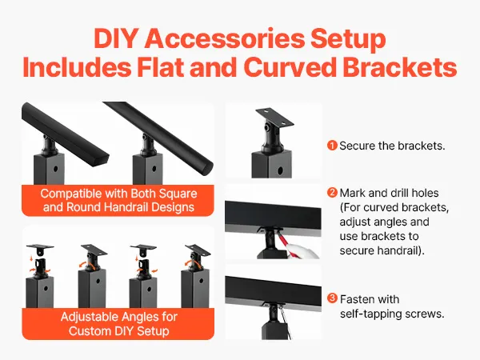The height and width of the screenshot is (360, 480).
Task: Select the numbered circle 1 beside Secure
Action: pos(332,146)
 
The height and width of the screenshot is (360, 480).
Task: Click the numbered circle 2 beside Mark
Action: pos(332,193)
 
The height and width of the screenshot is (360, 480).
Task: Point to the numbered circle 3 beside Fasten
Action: pos(332,298)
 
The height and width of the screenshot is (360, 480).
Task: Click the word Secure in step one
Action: pos(358,146)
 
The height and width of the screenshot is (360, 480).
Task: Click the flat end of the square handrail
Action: pos(101,161)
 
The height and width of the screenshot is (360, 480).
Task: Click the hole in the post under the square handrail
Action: pos(56,169)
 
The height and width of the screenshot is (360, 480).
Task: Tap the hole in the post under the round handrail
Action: pos(154,168)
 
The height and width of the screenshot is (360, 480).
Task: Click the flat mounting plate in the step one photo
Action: pos(274,118)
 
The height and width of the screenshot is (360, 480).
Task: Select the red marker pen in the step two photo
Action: pos(282,240)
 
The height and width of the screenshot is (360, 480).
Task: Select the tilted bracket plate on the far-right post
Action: pos(198,251)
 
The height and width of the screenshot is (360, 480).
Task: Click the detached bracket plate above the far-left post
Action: pos(40,248)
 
